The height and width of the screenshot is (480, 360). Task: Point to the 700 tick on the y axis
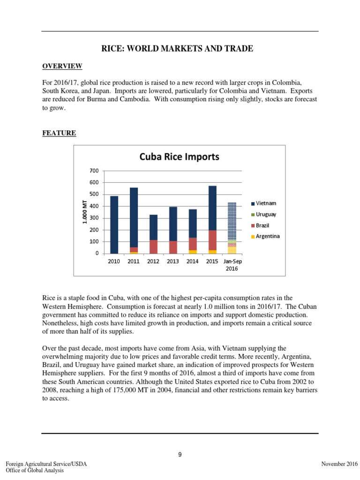(94, 170)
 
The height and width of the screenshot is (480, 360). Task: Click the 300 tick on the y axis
(94, 218)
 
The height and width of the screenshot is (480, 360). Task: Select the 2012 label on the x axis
(153, 261)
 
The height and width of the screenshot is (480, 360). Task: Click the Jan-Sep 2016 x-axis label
(232, 264)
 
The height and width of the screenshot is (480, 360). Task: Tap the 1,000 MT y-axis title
(85, 212)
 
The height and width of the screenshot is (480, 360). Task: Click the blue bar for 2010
(114, 225)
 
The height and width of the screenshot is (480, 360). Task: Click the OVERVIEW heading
(62, 66)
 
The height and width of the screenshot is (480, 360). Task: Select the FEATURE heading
(59, 133)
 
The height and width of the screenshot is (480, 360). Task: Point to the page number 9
(180, 453)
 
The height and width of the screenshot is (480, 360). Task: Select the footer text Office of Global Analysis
(35, 471)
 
